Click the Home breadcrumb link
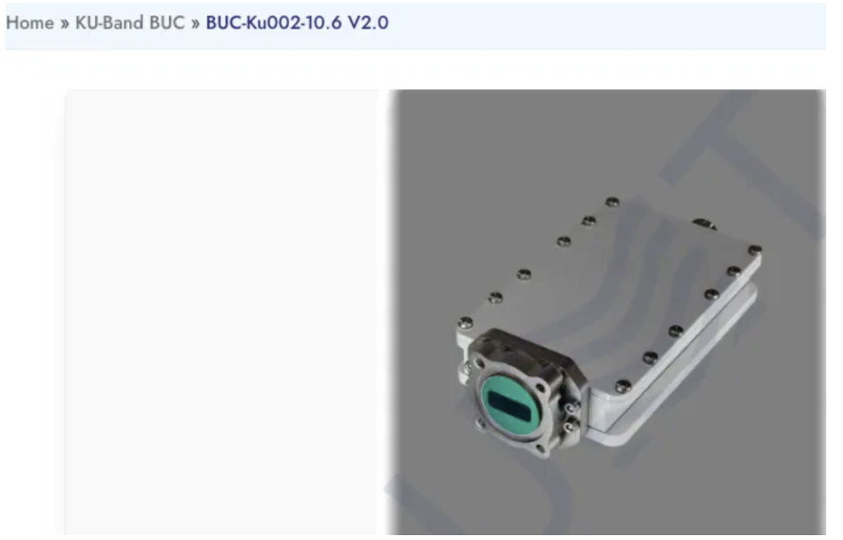coord(30,23)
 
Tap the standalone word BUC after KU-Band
coord(167,23)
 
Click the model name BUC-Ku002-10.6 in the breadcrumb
coord(273,23)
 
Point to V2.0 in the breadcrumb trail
coord(368,23)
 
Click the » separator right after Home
coord(65,24)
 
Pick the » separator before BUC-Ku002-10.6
coord(195,24)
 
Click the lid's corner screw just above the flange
coord(465,323)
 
